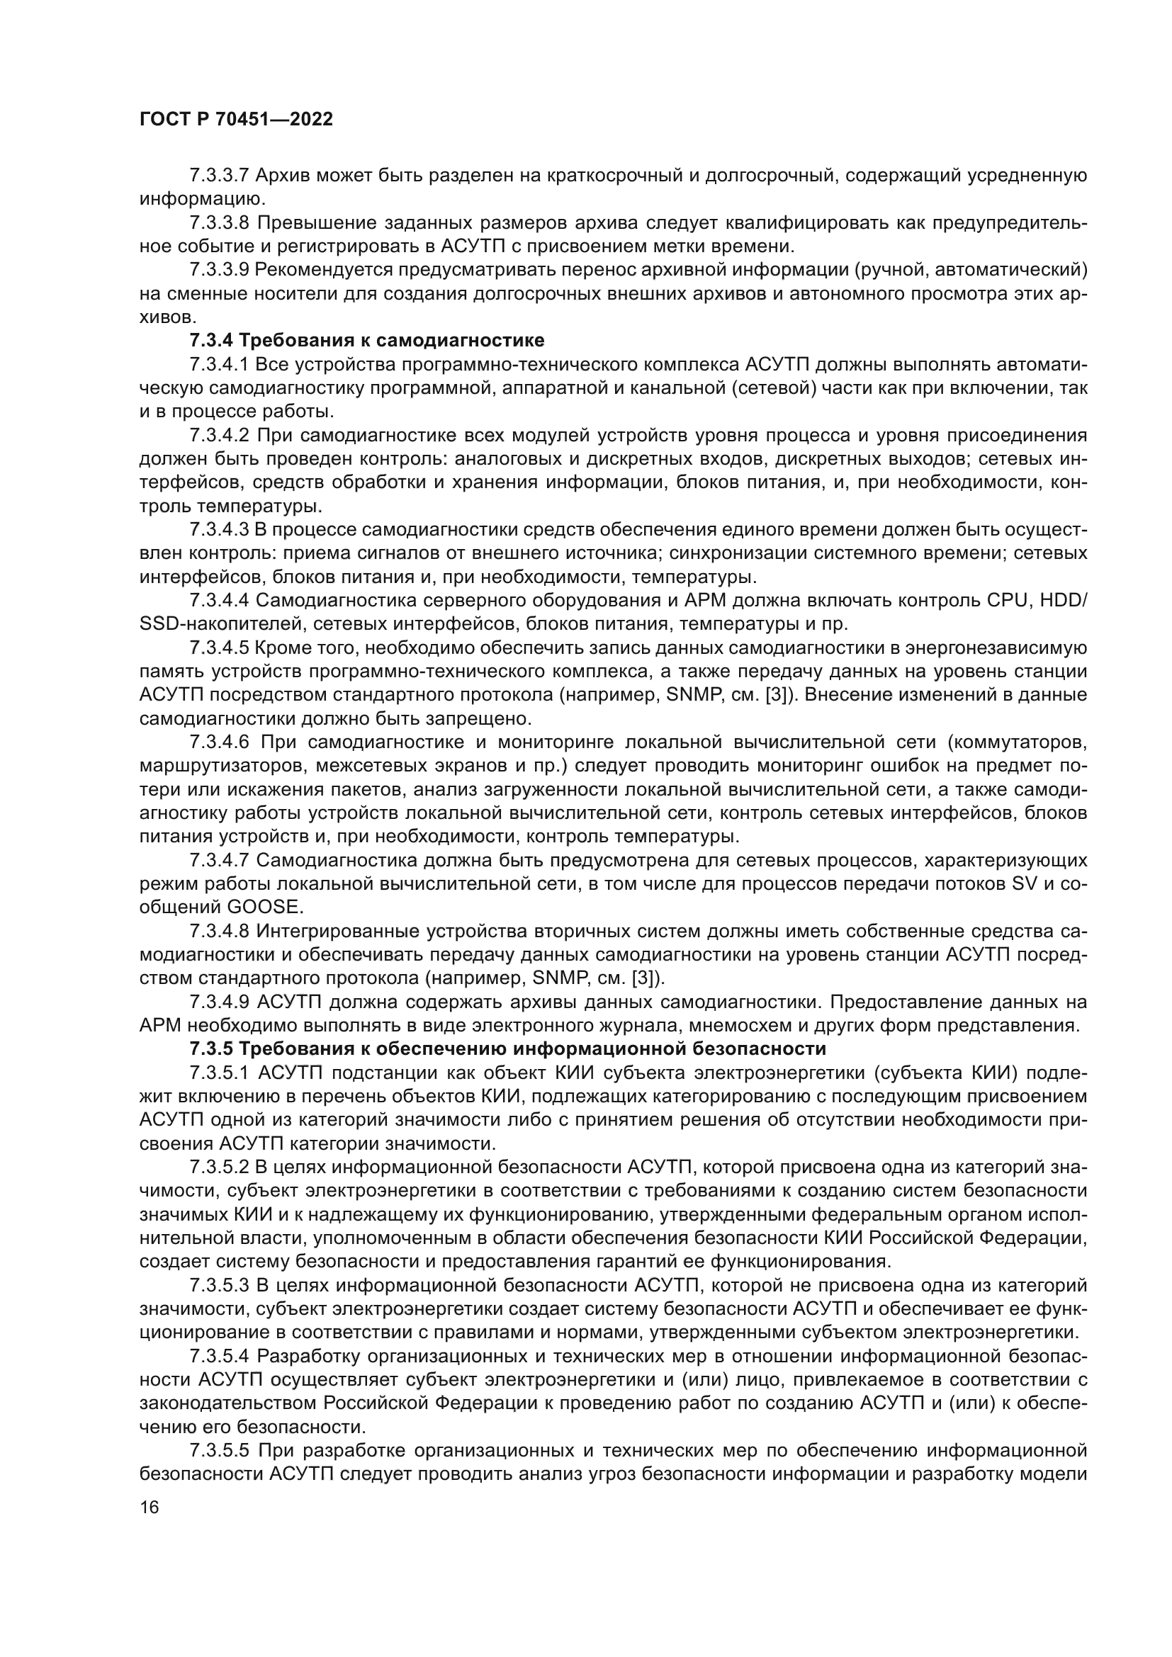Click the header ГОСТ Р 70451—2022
[236, 120]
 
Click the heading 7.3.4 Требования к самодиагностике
[366, 340]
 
